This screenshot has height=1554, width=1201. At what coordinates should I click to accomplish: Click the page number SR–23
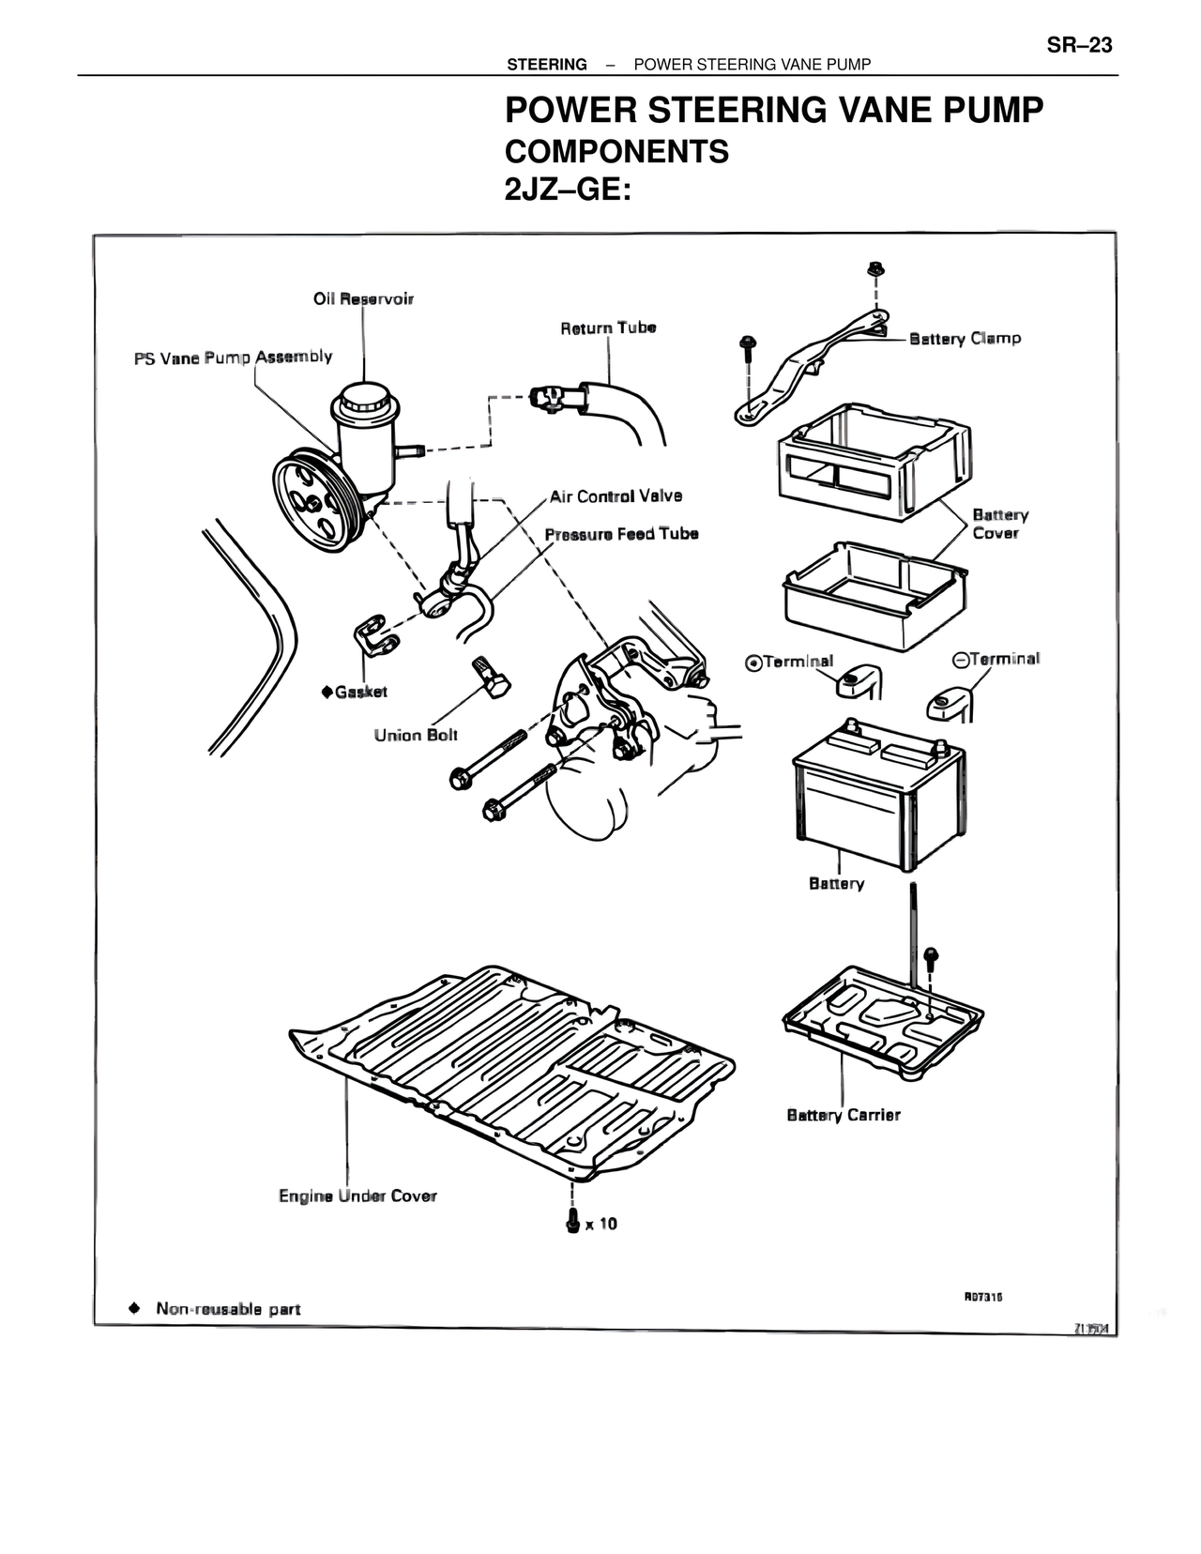pos(1079,45)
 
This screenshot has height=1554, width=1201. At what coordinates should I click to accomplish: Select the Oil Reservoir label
pos(363,298)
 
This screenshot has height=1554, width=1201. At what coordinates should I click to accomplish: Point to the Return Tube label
pos(608,328)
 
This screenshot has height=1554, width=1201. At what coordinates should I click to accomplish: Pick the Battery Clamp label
pos(965,338)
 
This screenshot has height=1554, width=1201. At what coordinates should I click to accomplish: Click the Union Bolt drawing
pos(490,676)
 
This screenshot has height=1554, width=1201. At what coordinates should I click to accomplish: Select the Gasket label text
pos(360,692)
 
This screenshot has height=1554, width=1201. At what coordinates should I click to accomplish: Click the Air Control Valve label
pos(616,495)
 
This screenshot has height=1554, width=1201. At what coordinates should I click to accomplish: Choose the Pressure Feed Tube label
pos(621,533)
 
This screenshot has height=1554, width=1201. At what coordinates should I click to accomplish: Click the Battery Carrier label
pos(843,1115)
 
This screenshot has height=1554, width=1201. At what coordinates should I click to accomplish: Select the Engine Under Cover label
pos(357,1196)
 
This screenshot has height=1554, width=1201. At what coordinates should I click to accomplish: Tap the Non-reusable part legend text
pos(228,1308)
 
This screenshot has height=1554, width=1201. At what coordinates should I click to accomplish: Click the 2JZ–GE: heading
pos(568,190)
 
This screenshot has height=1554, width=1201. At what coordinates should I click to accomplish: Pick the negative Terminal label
pos(1003,659)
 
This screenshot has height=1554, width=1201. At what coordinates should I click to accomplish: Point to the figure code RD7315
pos(983,1297)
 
